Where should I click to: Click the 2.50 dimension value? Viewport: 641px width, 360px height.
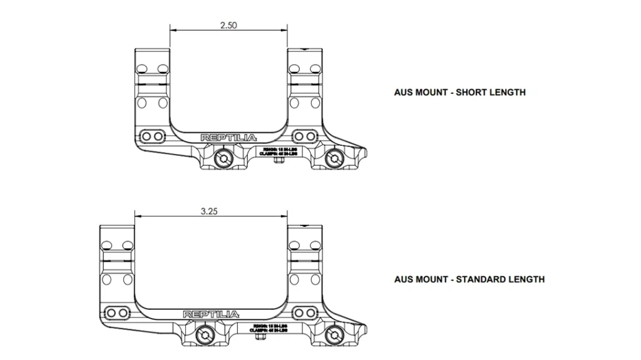point(228,26)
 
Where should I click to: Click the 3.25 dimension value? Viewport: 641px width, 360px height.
point(209,212)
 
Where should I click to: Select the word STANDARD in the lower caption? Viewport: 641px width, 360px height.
point(483,279)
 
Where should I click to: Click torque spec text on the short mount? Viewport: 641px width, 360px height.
point(278,150)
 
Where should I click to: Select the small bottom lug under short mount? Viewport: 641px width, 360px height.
point(280,161)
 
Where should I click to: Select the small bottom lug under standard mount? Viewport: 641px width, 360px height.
point(262,337)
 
